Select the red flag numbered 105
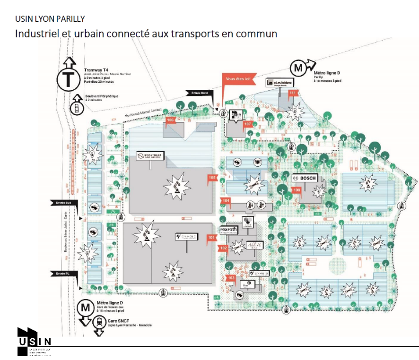(x=212, y=178)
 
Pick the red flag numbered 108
(x=297, y=190)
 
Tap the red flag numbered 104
(x=226, y=201)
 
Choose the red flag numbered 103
(x=231, y=278)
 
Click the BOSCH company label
(x=305, y=178)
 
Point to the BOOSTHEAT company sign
(x=149, y=156)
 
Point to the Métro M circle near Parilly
(x=298, y=69)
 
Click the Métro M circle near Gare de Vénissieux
(x=86, y=308)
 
